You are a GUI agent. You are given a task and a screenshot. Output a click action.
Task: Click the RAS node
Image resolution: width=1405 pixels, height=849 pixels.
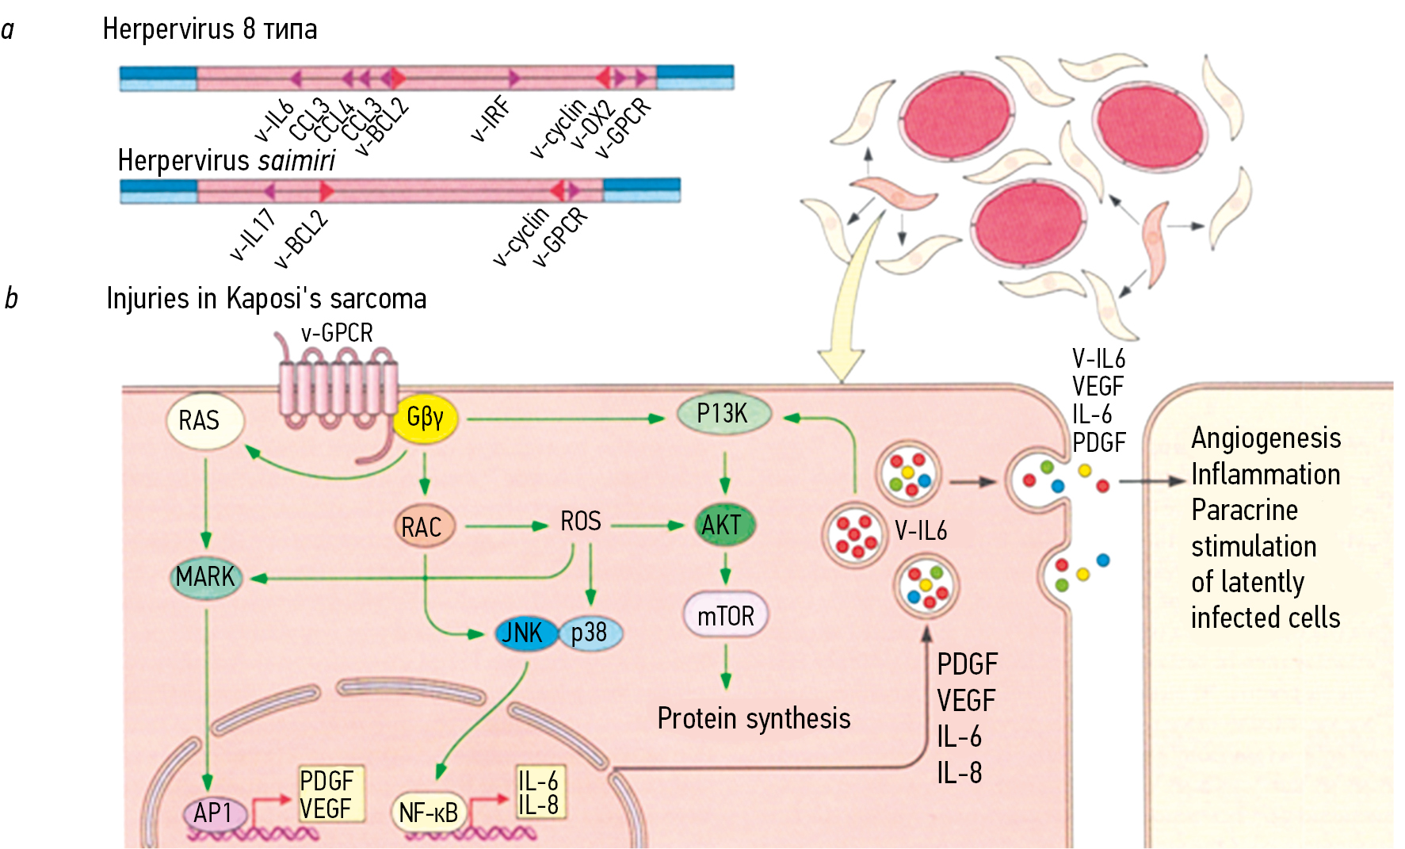coord(204,420)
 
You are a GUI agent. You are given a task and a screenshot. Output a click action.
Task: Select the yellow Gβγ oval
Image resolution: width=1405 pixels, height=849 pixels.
coord(426,418)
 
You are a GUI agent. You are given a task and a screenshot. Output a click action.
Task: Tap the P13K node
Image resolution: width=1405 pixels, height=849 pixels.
coord(723,414)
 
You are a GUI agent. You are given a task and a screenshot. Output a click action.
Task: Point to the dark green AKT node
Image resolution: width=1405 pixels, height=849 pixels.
coord(723,525)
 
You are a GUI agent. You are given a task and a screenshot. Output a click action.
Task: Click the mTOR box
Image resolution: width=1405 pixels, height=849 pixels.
coord(725,616)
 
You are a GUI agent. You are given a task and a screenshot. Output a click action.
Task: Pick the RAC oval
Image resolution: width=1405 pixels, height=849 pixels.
coord(423,527)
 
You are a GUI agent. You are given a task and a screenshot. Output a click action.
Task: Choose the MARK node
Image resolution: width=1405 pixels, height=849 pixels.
coord(205,577)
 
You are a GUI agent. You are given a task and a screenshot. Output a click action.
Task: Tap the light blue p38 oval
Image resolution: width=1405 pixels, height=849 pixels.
coord(591,633)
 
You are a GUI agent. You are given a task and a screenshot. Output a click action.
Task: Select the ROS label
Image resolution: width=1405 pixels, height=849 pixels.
coord(581,522)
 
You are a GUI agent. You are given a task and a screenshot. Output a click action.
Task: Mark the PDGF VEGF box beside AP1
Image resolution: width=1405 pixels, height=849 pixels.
coord(329,794)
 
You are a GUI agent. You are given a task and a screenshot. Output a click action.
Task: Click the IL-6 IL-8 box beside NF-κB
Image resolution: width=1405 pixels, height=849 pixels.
coord(539,793)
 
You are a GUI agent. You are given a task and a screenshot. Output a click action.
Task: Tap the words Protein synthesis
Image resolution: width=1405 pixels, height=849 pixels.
coord(754,718)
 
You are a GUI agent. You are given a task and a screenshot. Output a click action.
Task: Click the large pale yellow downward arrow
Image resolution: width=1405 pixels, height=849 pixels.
coord(850,317)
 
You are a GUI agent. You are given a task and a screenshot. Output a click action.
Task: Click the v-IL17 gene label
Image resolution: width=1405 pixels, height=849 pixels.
coord(253,235)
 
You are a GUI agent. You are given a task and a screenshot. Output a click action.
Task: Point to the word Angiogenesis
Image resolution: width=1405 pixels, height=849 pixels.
coord(1266,438)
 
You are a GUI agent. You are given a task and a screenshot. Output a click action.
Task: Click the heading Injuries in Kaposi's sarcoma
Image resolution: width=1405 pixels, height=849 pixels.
coord(266,299)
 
